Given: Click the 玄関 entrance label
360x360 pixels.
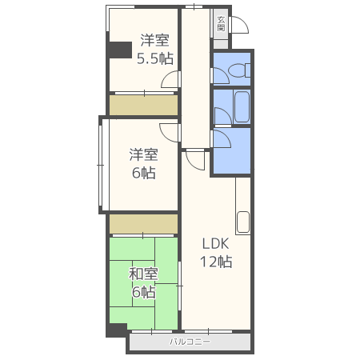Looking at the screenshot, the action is [x=221, y=24].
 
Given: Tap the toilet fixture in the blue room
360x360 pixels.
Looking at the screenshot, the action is [x=240, y=70].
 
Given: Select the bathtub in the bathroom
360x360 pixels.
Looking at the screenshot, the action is [x=242, y=107].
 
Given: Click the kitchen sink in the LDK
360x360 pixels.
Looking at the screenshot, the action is [x=243, y=222].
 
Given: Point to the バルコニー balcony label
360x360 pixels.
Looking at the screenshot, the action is [x=190, y=342].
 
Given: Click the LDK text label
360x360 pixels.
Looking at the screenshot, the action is [x=215, y=244].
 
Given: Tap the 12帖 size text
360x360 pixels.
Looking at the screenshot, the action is [x=216, y=262].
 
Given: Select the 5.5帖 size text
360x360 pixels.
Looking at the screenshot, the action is [x=155, y=58].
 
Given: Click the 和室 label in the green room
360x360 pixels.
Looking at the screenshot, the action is [x=143, y=274].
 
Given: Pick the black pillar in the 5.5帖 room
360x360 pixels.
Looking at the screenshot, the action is [x=121, y=50].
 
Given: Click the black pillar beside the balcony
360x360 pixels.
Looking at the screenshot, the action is [x=116, y=330].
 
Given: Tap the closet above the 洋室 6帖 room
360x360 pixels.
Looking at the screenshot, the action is [x=144, y=105].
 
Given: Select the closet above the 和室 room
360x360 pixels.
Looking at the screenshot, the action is [x=144, y=224].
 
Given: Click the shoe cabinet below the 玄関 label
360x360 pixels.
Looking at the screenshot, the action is [x=221, y=44].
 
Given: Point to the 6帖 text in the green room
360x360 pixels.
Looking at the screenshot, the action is [x=144, y=292].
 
